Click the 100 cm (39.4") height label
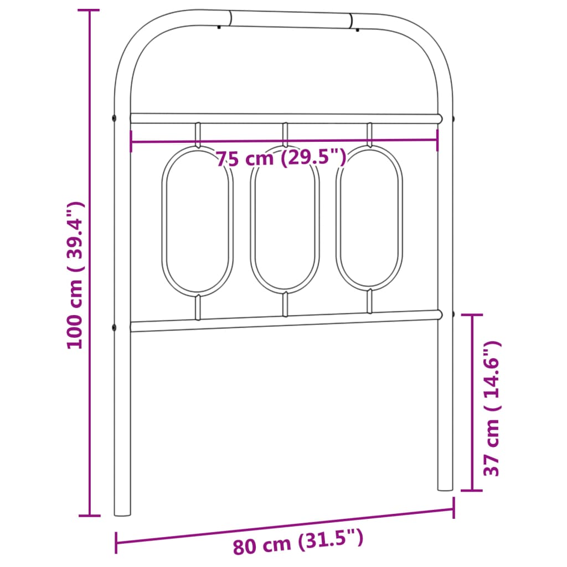click(x=74, y=275)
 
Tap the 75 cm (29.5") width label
click(x=281, y=158)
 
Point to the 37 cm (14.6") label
click(x=492, y=408)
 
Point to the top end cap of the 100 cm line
click(x=90, y=11)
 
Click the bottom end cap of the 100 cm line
click(x=90, y=516)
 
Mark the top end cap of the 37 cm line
click(x=472, y=315)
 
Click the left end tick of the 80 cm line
click(x=116, y=543)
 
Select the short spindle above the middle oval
click(x=285, y=135)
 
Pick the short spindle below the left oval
click(x=197, y=308)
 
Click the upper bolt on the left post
click(x=114, y=118)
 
